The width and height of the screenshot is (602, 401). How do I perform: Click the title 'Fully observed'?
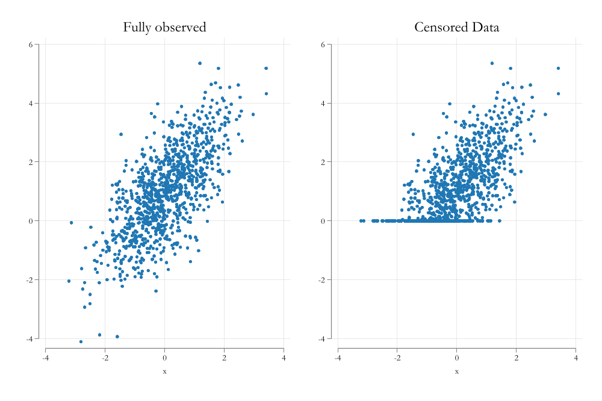click(164, 27)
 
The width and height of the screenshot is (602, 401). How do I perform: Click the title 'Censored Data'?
click(456, 27)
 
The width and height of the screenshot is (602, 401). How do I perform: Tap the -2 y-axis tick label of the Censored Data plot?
click(324, 280)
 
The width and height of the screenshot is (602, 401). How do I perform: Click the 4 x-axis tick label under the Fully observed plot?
click(284, 359)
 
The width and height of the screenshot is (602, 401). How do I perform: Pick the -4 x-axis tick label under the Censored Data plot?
click(338, 359)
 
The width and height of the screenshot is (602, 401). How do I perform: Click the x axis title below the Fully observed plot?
click(164, 371)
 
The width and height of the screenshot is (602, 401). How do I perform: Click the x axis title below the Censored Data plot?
click(456, 371)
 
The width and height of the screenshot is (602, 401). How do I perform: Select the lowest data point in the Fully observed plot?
click(81, 342)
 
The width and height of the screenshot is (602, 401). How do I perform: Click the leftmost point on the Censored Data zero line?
click(361, 221)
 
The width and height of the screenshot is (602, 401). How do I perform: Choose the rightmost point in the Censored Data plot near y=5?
click(558, 68)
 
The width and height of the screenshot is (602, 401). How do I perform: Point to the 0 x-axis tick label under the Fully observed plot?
click(164, 359)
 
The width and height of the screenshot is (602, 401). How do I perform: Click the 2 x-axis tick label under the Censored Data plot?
click(516, 359)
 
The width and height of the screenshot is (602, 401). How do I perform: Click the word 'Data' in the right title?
click(485, 27)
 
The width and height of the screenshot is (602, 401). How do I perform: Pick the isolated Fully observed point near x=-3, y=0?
click(71, 223)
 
